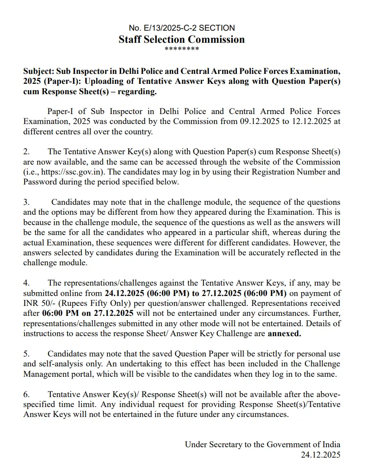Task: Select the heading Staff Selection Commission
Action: pyautogui.click(x=182, y=39)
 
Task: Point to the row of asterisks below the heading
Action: pyautogui.click(x=182, y=49)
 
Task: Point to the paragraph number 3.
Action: pyautogui.click(x=26, y=202)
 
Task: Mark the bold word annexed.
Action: pyautogui.click(x=284, y=334)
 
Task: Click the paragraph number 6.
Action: pyautogui.click(x=26, y=394)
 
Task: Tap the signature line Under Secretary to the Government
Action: pyautogui.click(x=262, y=445)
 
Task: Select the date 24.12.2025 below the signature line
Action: pyautogui.click(x=320, y=455)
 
